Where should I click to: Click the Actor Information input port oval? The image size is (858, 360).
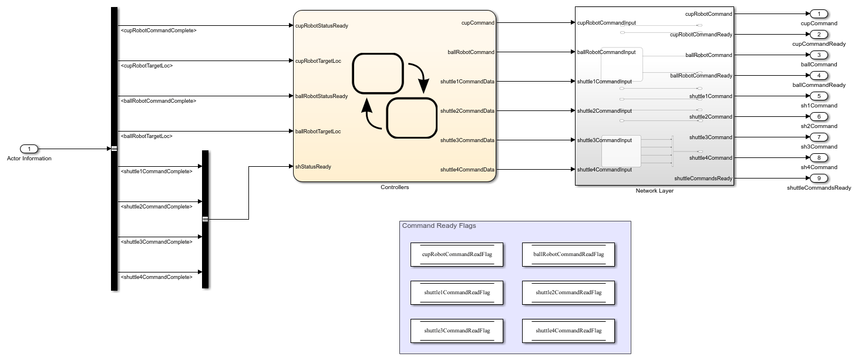click(29, 149)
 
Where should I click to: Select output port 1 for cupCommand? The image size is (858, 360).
click(819, 14)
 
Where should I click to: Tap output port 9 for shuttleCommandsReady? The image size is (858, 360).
click(819, 179)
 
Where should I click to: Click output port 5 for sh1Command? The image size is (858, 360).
click(819, 96)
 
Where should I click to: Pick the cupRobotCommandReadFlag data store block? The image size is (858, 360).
click(456, 255)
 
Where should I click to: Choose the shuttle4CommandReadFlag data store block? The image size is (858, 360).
click(568, 331)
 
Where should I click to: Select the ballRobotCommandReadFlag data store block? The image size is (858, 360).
click(568, 255)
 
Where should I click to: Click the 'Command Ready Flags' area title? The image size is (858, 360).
click(439, 226)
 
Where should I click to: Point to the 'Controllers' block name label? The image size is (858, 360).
click(395, 187)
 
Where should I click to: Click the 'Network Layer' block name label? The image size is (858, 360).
click(654, 191)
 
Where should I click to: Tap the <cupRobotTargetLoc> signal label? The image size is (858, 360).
click(146, 66)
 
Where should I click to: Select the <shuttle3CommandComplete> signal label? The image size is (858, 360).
click(156, 242)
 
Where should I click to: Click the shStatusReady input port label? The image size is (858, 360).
click(313, 167)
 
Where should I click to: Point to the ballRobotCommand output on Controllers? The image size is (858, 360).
click(471, 52)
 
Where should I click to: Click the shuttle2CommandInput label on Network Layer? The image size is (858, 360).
click(604, 111)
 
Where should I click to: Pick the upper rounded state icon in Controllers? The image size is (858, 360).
click(378, 73)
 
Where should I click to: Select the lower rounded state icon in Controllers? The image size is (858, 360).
click(411, 118)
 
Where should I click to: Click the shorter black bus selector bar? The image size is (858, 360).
click(205, 219)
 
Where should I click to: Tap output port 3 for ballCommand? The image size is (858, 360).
click(819, 55)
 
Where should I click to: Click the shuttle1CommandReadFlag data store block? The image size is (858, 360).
click(456, 292)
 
